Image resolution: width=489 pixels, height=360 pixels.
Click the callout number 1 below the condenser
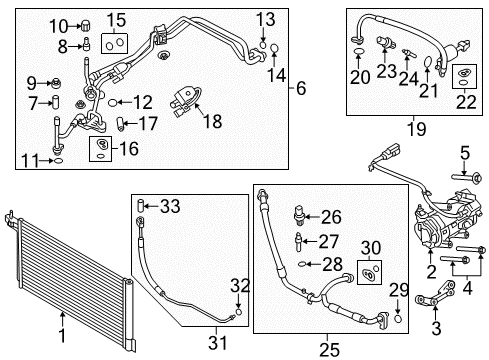pos(62,341)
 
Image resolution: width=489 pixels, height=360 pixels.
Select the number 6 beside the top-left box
pos(301,89)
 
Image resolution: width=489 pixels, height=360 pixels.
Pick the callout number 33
pos(170,207)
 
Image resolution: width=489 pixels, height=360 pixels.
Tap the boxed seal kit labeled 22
pos(462,101)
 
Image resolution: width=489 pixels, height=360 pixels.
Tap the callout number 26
pos(331,217)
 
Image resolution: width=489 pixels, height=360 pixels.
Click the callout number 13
pos(264,19)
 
